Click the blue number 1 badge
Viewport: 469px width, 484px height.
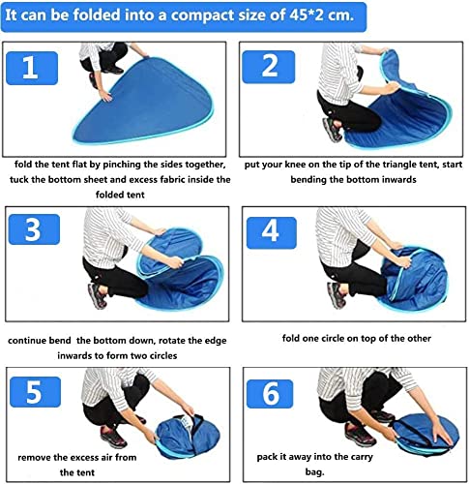pos(32,68)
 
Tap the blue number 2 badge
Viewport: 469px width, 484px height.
pos(269,67)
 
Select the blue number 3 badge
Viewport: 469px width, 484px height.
pos(34,229)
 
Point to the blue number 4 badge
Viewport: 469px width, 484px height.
pos(272,232)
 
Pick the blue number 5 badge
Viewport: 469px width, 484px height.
pos(35,392)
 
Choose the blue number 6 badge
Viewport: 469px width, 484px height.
pos(270,394)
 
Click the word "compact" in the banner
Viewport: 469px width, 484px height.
pos(200,15)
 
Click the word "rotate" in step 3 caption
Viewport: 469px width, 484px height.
pos(173,341)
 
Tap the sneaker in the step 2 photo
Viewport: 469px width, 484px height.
pos(333,130)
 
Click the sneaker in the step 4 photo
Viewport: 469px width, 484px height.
pos(337,295)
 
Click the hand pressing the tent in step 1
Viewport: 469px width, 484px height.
pos(104,96)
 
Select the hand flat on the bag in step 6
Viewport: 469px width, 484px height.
pos(441,434)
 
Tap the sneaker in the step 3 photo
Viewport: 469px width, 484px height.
pos(98,296)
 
